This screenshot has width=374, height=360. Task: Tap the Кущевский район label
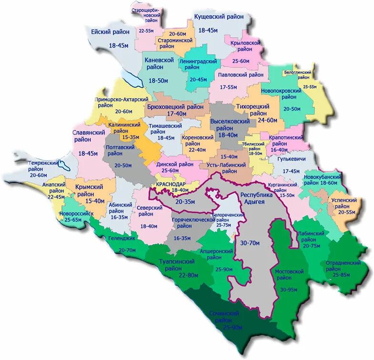(219, 17)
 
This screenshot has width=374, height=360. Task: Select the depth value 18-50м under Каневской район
(158, 81)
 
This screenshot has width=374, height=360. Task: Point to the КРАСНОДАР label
(170, 183)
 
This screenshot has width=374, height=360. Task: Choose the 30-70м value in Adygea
(250, 243)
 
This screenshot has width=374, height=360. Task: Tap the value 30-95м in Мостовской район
(290, 290)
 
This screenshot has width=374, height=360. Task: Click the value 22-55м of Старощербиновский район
(146, 30)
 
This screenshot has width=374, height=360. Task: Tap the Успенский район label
(344, 204)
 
